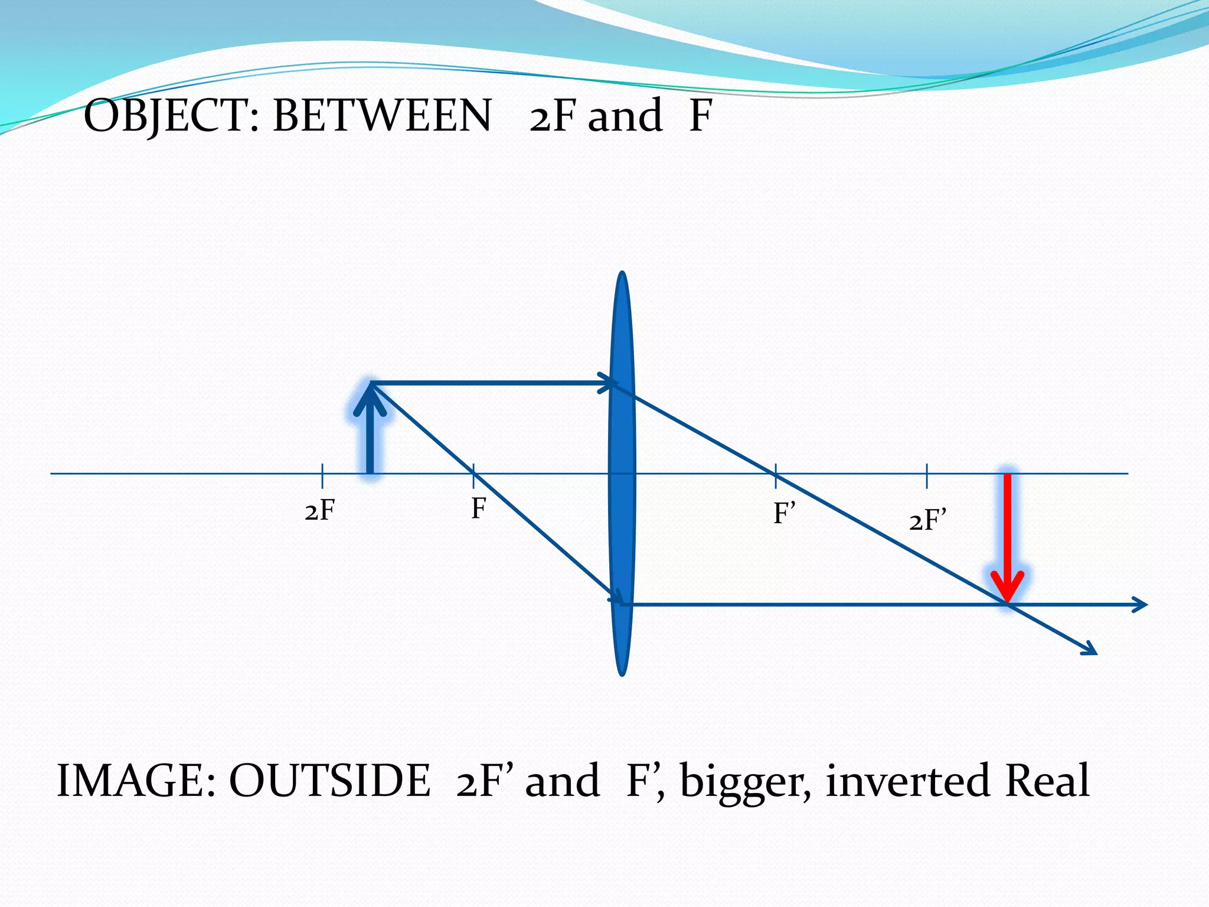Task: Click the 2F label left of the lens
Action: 320,510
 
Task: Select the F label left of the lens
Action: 478,508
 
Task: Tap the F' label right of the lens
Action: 785,513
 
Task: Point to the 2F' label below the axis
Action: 927,521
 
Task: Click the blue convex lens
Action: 622,472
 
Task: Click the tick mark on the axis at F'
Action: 776,474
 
